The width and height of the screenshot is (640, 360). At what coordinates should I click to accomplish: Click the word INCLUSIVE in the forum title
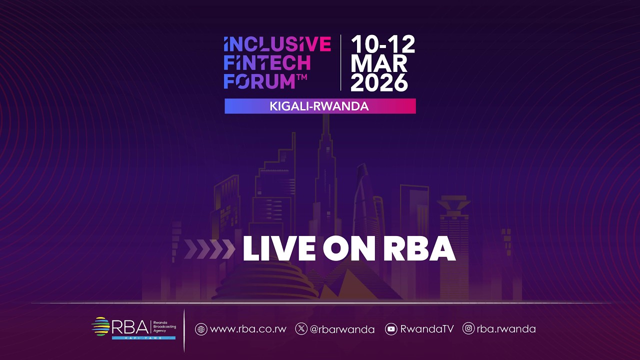click(277, 44)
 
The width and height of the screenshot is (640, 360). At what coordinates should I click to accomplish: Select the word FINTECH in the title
click(267, 63)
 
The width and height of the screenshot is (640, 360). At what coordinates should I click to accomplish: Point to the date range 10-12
click(383, 45)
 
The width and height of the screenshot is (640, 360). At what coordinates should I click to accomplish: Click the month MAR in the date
click(379, 63)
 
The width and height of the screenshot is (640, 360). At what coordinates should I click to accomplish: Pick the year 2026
click(379, 82)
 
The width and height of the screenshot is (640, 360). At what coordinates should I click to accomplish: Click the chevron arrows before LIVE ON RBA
click(209, 249)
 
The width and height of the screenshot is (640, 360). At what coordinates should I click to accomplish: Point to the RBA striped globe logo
click(100, 326)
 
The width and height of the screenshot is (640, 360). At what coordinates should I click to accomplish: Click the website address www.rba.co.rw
click(248, 329)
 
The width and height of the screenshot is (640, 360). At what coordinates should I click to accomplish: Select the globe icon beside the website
click(201, 329)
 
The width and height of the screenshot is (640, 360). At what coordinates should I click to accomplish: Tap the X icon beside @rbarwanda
click(301, 329)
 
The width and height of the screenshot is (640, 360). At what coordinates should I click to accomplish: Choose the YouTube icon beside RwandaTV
click(391, 329)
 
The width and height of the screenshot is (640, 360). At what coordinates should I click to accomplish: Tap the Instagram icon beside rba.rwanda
click(468, 329)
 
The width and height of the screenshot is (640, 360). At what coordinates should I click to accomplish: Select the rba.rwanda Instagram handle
click(506, 329)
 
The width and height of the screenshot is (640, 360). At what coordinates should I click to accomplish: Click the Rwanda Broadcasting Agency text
click(165, 326)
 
